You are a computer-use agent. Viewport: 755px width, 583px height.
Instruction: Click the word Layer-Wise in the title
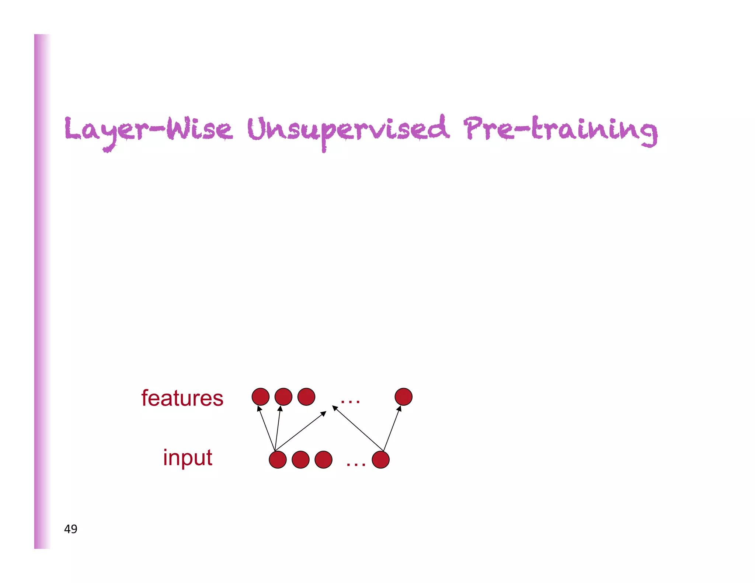pos(148,130)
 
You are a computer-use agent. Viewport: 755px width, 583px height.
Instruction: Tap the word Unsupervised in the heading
pos(348,130)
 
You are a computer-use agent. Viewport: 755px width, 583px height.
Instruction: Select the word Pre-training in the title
pos(560,130)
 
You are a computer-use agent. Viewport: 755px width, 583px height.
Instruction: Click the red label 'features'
pos(182,398)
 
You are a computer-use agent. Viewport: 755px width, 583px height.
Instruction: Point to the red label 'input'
pos(187,457)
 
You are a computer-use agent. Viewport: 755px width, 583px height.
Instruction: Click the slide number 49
pos(70,529)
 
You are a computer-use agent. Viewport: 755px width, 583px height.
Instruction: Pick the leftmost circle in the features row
pos(260,397)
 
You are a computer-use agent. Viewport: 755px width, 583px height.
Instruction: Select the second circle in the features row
pos(283,397)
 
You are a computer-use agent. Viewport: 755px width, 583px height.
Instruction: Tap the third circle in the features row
pos(306,397)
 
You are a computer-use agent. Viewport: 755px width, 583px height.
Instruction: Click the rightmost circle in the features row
pos(403,397)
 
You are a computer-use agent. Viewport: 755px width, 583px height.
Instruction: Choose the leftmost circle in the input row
pos(278,460)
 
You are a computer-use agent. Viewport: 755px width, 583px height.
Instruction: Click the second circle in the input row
pos(300,460)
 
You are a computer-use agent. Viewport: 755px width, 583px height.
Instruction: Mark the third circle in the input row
pos(323,460)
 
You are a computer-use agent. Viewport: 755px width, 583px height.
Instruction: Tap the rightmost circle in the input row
pos(380,460)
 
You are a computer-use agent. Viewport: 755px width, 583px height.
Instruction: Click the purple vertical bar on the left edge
pos(42,291)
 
